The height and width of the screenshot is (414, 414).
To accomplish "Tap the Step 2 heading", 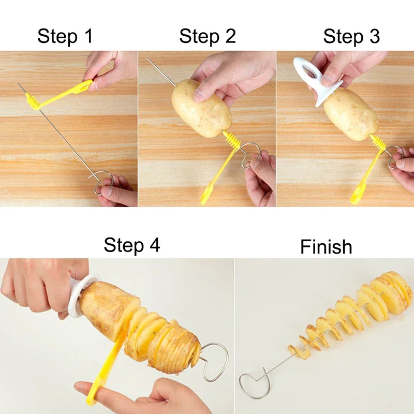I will pyautogui.click(x=207, y=36).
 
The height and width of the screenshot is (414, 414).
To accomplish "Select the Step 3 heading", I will pyautogui.click(x=351, y=36).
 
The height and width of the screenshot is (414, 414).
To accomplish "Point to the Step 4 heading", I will pyautogui.click(x=132, y=245).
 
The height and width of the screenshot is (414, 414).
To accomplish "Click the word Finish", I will pyautogui.click(x=326, y=247).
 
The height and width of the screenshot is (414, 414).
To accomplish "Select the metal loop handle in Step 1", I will pyautogui.click(x=103, y=183).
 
